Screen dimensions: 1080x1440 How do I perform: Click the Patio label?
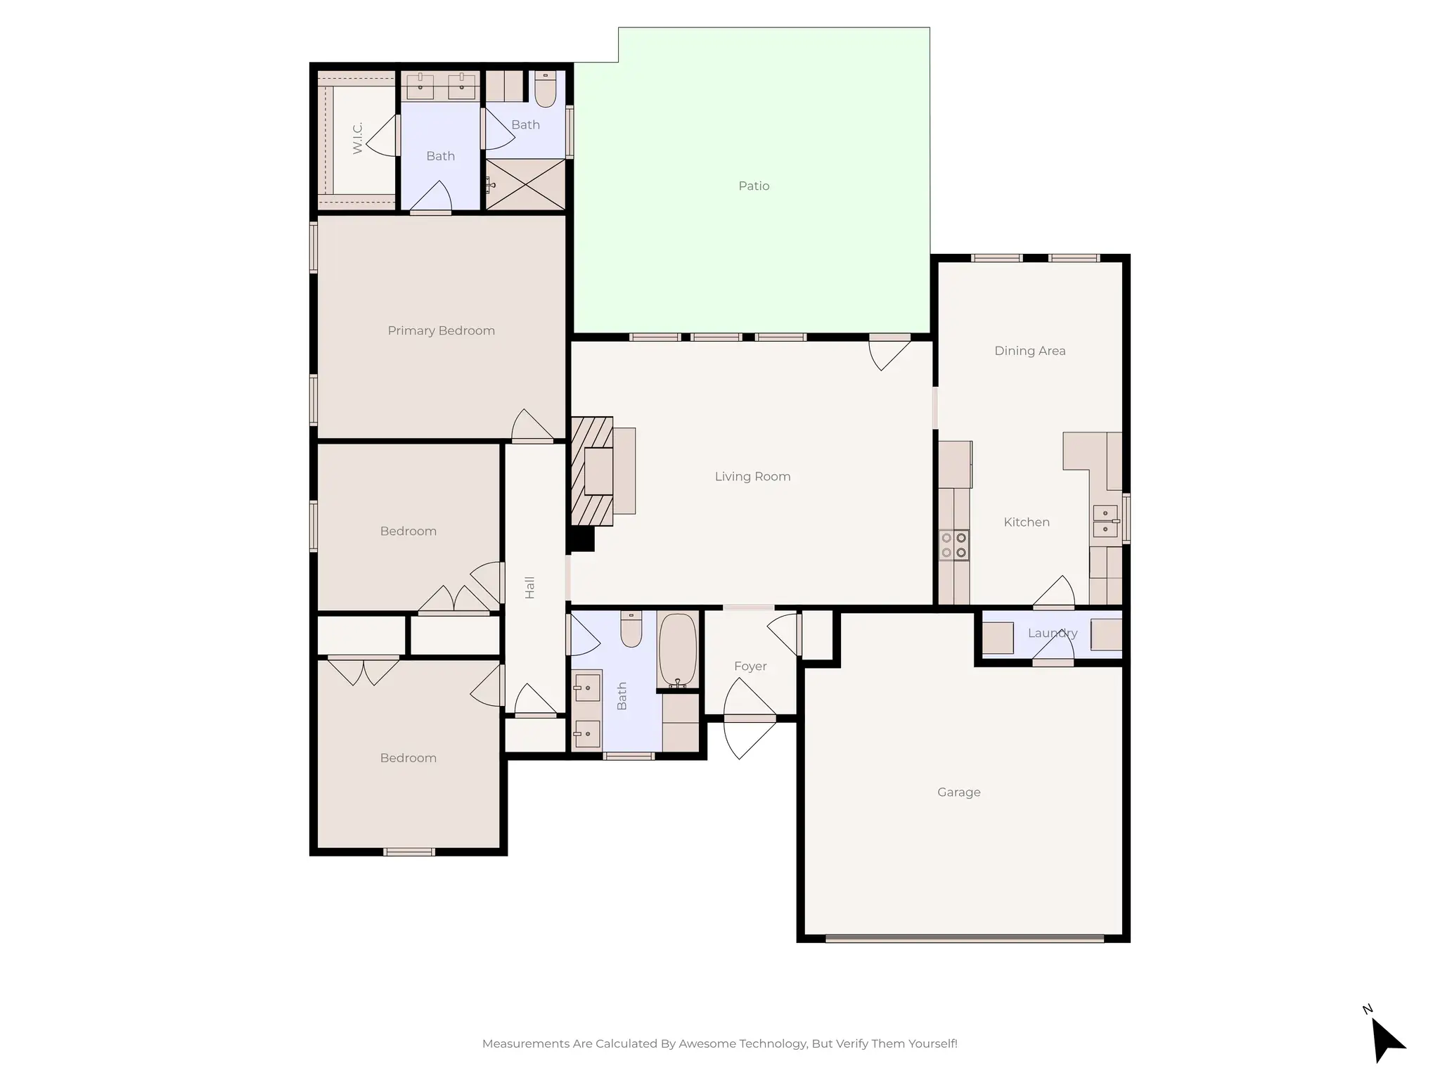754,186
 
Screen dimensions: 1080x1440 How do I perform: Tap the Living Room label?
752,477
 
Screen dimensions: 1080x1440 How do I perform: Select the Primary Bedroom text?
441,330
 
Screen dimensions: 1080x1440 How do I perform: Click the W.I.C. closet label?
358,138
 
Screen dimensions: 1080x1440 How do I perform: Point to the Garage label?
958,792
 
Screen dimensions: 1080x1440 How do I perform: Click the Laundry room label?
1052,633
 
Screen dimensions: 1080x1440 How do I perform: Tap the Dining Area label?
1029,351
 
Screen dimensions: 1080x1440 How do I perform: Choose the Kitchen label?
1026,522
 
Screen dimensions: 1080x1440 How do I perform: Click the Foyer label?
750,666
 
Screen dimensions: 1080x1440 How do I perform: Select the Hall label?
530,587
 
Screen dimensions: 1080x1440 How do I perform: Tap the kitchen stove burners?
954,545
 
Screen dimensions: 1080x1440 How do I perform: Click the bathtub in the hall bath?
678,650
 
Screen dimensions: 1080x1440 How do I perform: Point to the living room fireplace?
592,471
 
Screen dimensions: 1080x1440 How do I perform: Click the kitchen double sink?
1105,521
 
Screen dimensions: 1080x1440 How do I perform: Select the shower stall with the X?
526,184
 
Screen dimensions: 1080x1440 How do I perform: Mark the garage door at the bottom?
964,938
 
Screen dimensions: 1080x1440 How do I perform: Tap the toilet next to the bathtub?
631,629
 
